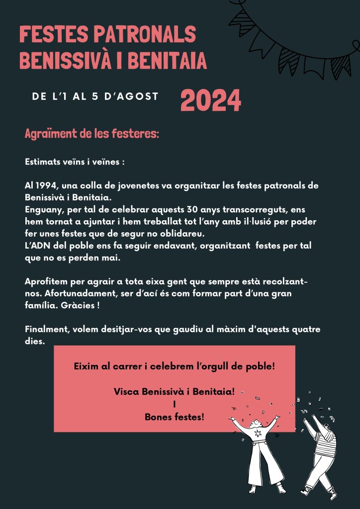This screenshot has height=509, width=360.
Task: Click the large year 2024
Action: [210, 101]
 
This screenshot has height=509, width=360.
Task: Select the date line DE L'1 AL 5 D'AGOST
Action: [95, 96]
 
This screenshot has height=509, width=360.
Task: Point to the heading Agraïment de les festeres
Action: [91, 134]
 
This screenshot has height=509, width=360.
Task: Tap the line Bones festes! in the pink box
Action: [174, 417]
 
